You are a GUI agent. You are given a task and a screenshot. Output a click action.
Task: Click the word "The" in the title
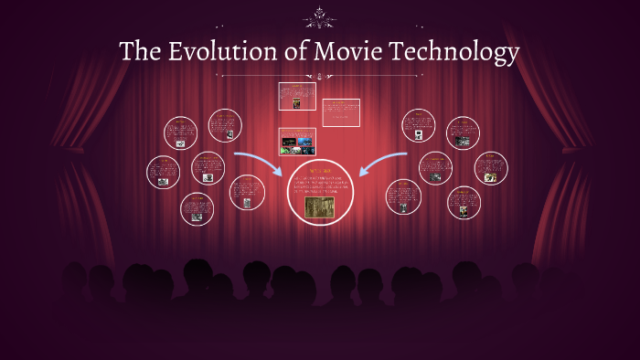pos(139,52)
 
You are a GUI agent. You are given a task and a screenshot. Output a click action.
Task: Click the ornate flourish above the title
pos(319,18)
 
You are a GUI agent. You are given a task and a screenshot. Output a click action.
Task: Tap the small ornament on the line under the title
pos(319,76)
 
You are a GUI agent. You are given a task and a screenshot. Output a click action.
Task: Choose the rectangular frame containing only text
pos(341,111)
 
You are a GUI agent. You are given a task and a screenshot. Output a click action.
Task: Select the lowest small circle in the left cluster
pos(197,208)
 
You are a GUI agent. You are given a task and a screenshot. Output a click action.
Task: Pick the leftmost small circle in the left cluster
pos(163,172)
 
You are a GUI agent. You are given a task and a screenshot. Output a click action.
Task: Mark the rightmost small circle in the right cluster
pos(491,168)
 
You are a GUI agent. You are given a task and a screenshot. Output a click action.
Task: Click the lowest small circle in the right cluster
pos(464,202)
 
